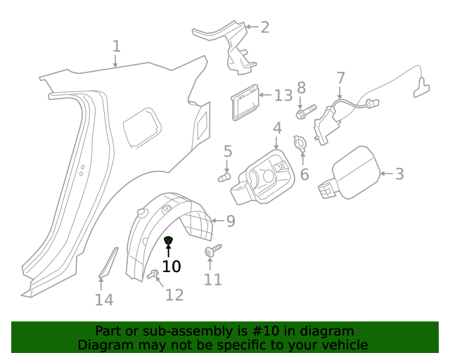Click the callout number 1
coord(117,46)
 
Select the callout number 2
coord(264,27)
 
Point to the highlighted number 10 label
coord(172,266)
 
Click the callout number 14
coord(104,300)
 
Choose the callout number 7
coord(340,77)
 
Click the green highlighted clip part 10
coord(168,242)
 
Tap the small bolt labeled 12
coord(152,274)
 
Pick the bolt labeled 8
coord(303,111)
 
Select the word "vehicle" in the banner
coord(344,345)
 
